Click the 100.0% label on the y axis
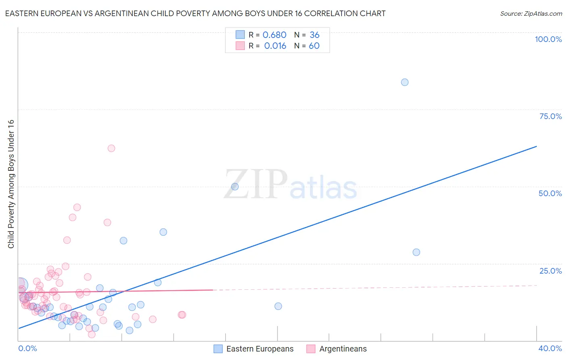click(548, 39)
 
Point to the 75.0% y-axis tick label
click(550, 116)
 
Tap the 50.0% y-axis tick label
click(550, 193)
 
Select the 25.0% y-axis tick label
click(550, 271)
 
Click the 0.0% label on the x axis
click(27, 348)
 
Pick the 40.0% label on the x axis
click(550, 348)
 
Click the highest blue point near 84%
click(404, 82)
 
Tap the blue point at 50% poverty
click(235, 186)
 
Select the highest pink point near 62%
click(111, 148)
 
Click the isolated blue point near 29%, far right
click(416, 252)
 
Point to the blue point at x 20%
click(278, 306)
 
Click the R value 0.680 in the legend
click(274, 35)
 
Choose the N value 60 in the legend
click(314, 46)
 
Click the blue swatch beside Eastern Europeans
click(218, 349)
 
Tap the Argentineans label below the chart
click(343, 349)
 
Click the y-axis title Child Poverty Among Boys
click(11, 184)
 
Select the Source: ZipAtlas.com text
click(531, 13)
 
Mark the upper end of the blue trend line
click(536, 146)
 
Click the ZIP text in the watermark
click(255, 184)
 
